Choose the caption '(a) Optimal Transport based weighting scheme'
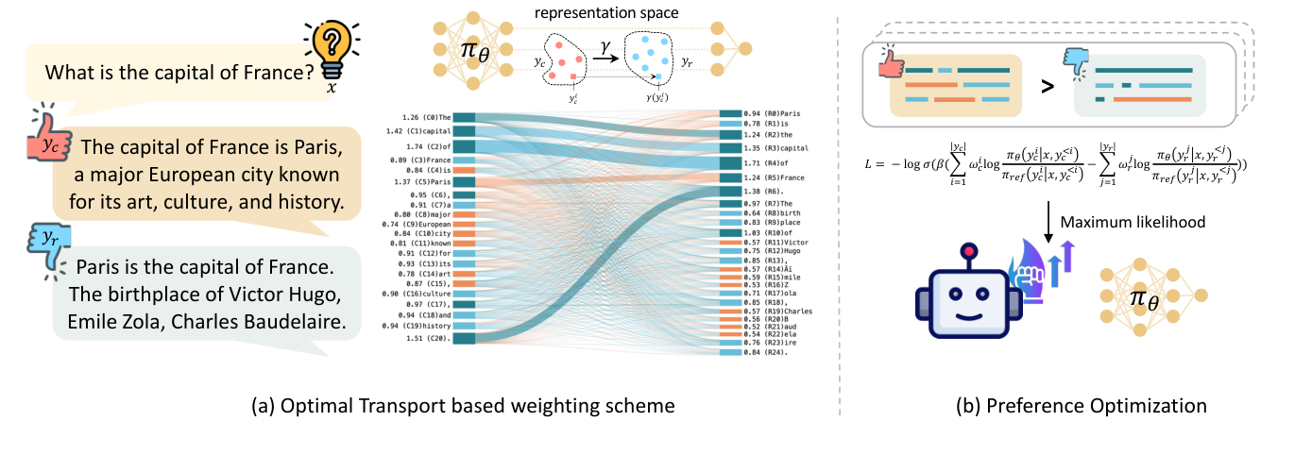click(x=464, y=406)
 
